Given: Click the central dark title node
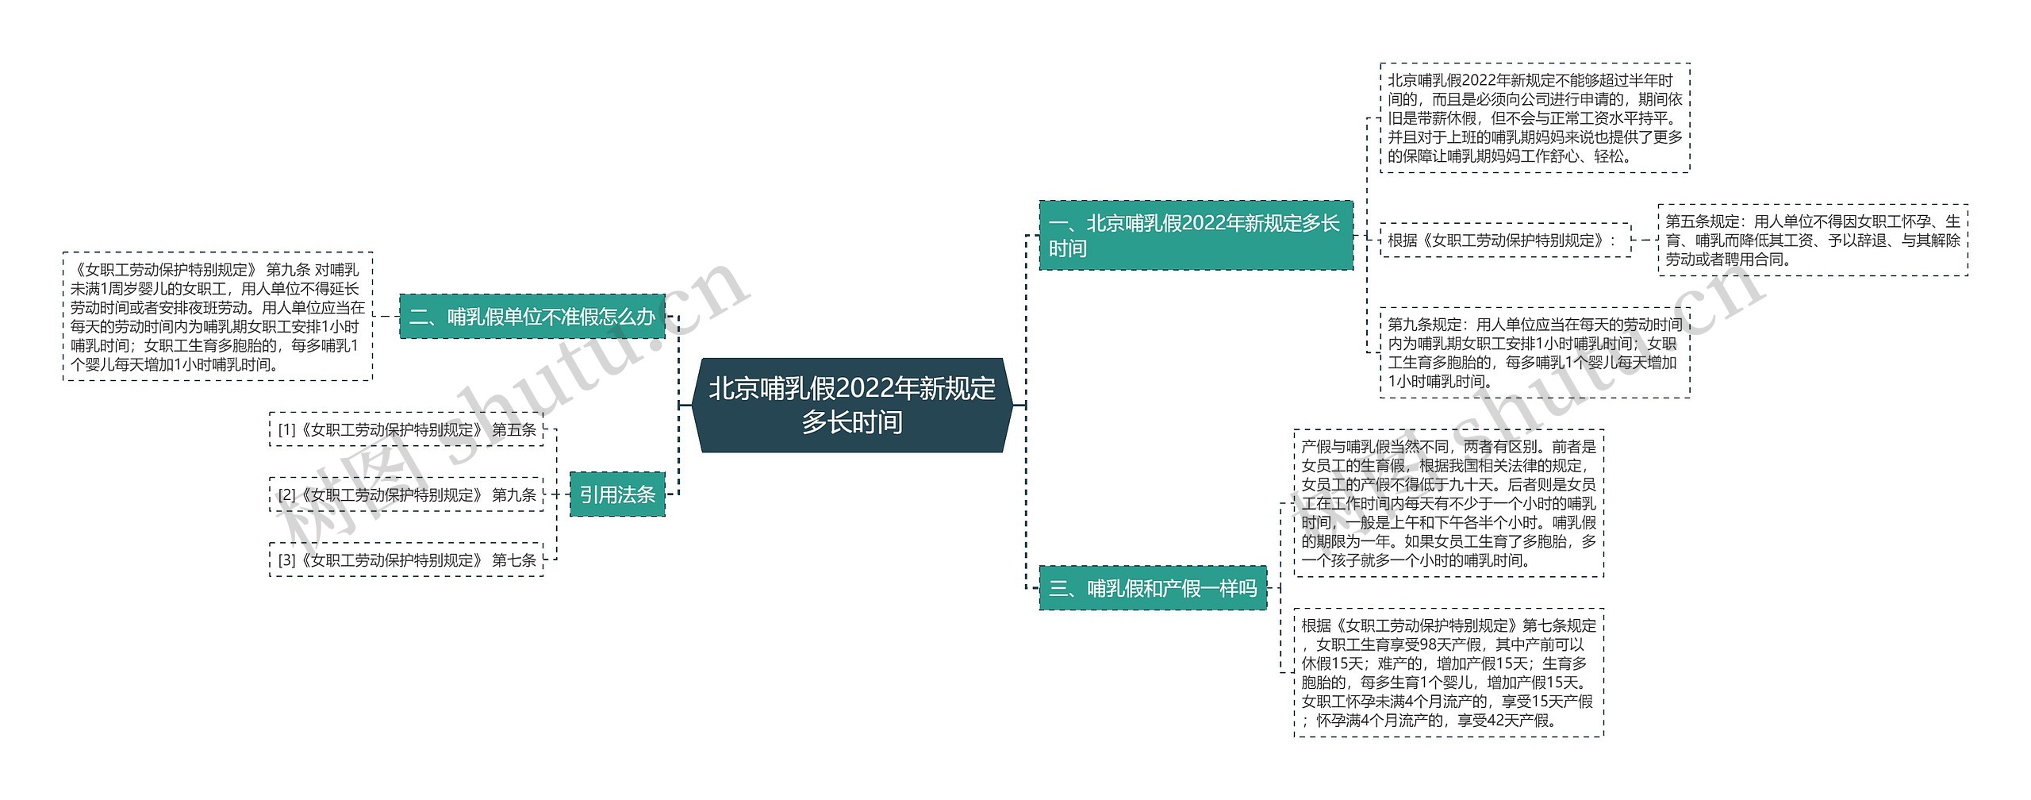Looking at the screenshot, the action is pyautogui.click(x=852, y=405).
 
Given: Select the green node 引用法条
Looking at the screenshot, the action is pyautogui.click(x=617, y=494).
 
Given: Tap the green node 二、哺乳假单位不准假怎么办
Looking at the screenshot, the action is pyautogui.click(x=532, y=317).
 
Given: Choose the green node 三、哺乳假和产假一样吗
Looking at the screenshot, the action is pyautogui.click(x=1153, y=588).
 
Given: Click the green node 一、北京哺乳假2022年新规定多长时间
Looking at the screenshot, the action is pyautogui.click(x=1196, y=236).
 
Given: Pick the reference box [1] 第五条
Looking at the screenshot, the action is pyautogui.click(x=406, y=429).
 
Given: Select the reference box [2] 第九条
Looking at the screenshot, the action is pyautogui.click(x=406, y=494).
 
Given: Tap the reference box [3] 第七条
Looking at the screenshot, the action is pyautogui.click(x=406, y=560).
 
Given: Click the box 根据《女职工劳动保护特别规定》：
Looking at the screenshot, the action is pyautogui.click(x=1505, y=240).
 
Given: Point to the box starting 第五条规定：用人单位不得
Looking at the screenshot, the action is pyautogui.click(x=1812, y=240).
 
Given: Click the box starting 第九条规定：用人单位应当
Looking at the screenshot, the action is pyautogui.click(x=1534, y=352).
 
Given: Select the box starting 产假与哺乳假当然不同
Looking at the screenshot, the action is pyautogui.click(x=1448, y=503).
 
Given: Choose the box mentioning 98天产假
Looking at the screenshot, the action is pyautogui.click(x=1448, y=672).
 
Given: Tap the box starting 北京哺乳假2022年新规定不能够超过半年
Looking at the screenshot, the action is pyautogui.click(x=1534, y=117).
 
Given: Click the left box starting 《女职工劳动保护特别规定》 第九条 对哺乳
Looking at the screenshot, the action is pyautogui.click(x=217, y=317).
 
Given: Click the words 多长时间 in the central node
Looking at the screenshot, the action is pyautogui.click(x=852, y=422).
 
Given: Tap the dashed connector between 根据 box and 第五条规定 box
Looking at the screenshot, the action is pyautogui.click(x=1645, y=240).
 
